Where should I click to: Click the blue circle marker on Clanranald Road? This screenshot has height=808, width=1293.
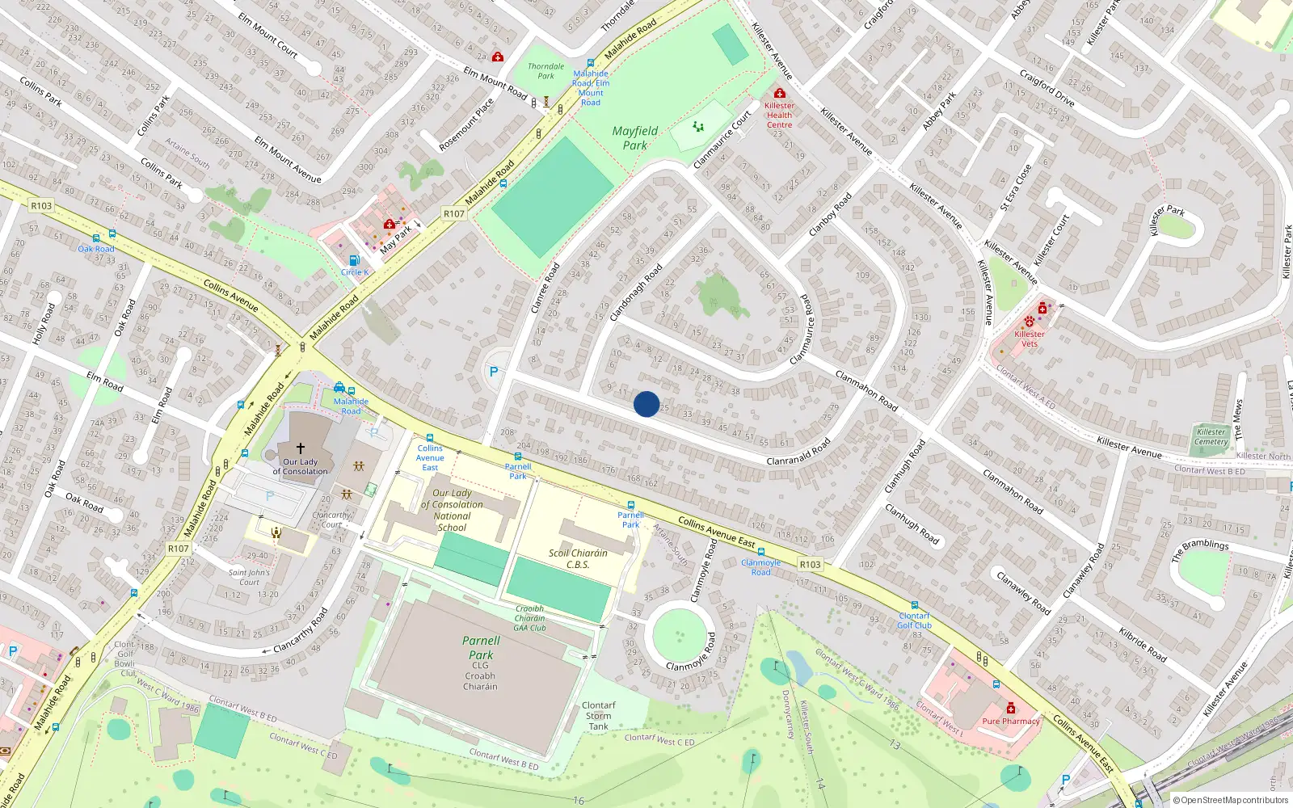[x=646, y=404]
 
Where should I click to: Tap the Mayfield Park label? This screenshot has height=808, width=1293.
[x=634, y=138]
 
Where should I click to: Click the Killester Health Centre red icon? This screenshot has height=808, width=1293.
[x=779, y=94]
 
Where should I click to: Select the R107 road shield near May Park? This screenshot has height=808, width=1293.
[x=454, y=214]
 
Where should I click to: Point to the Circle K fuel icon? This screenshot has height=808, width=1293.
[x=354, y=260]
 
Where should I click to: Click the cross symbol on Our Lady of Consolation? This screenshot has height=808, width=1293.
[x=301, y=448]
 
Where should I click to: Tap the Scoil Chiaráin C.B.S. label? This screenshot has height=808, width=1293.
[x=578, y=559]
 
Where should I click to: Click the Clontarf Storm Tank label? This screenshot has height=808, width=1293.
[x=598, y=716]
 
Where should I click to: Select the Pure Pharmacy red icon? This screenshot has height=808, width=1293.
[x=1010, y=709]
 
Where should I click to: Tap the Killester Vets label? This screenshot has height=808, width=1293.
[x=1029, y=339]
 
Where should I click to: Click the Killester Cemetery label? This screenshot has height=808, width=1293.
[x=1211, y=436]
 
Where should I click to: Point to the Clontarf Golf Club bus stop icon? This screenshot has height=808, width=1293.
[x=914, y=605]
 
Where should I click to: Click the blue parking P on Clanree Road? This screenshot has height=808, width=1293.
[x=494, y=372]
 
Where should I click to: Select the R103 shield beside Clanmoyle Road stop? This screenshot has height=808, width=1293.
[x=810, y=565]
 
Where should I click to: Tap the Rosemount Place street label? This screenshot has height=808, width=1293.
[x=466, y=125]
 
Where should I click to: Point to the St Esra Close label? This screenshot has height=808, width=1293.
[x=1016, y=187]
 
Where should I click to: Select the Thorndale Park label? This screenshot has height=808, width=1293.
[x=545, y=71]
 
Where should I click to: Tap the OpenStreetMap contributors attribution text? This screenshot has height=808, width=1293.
[x=1230, y=801]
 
